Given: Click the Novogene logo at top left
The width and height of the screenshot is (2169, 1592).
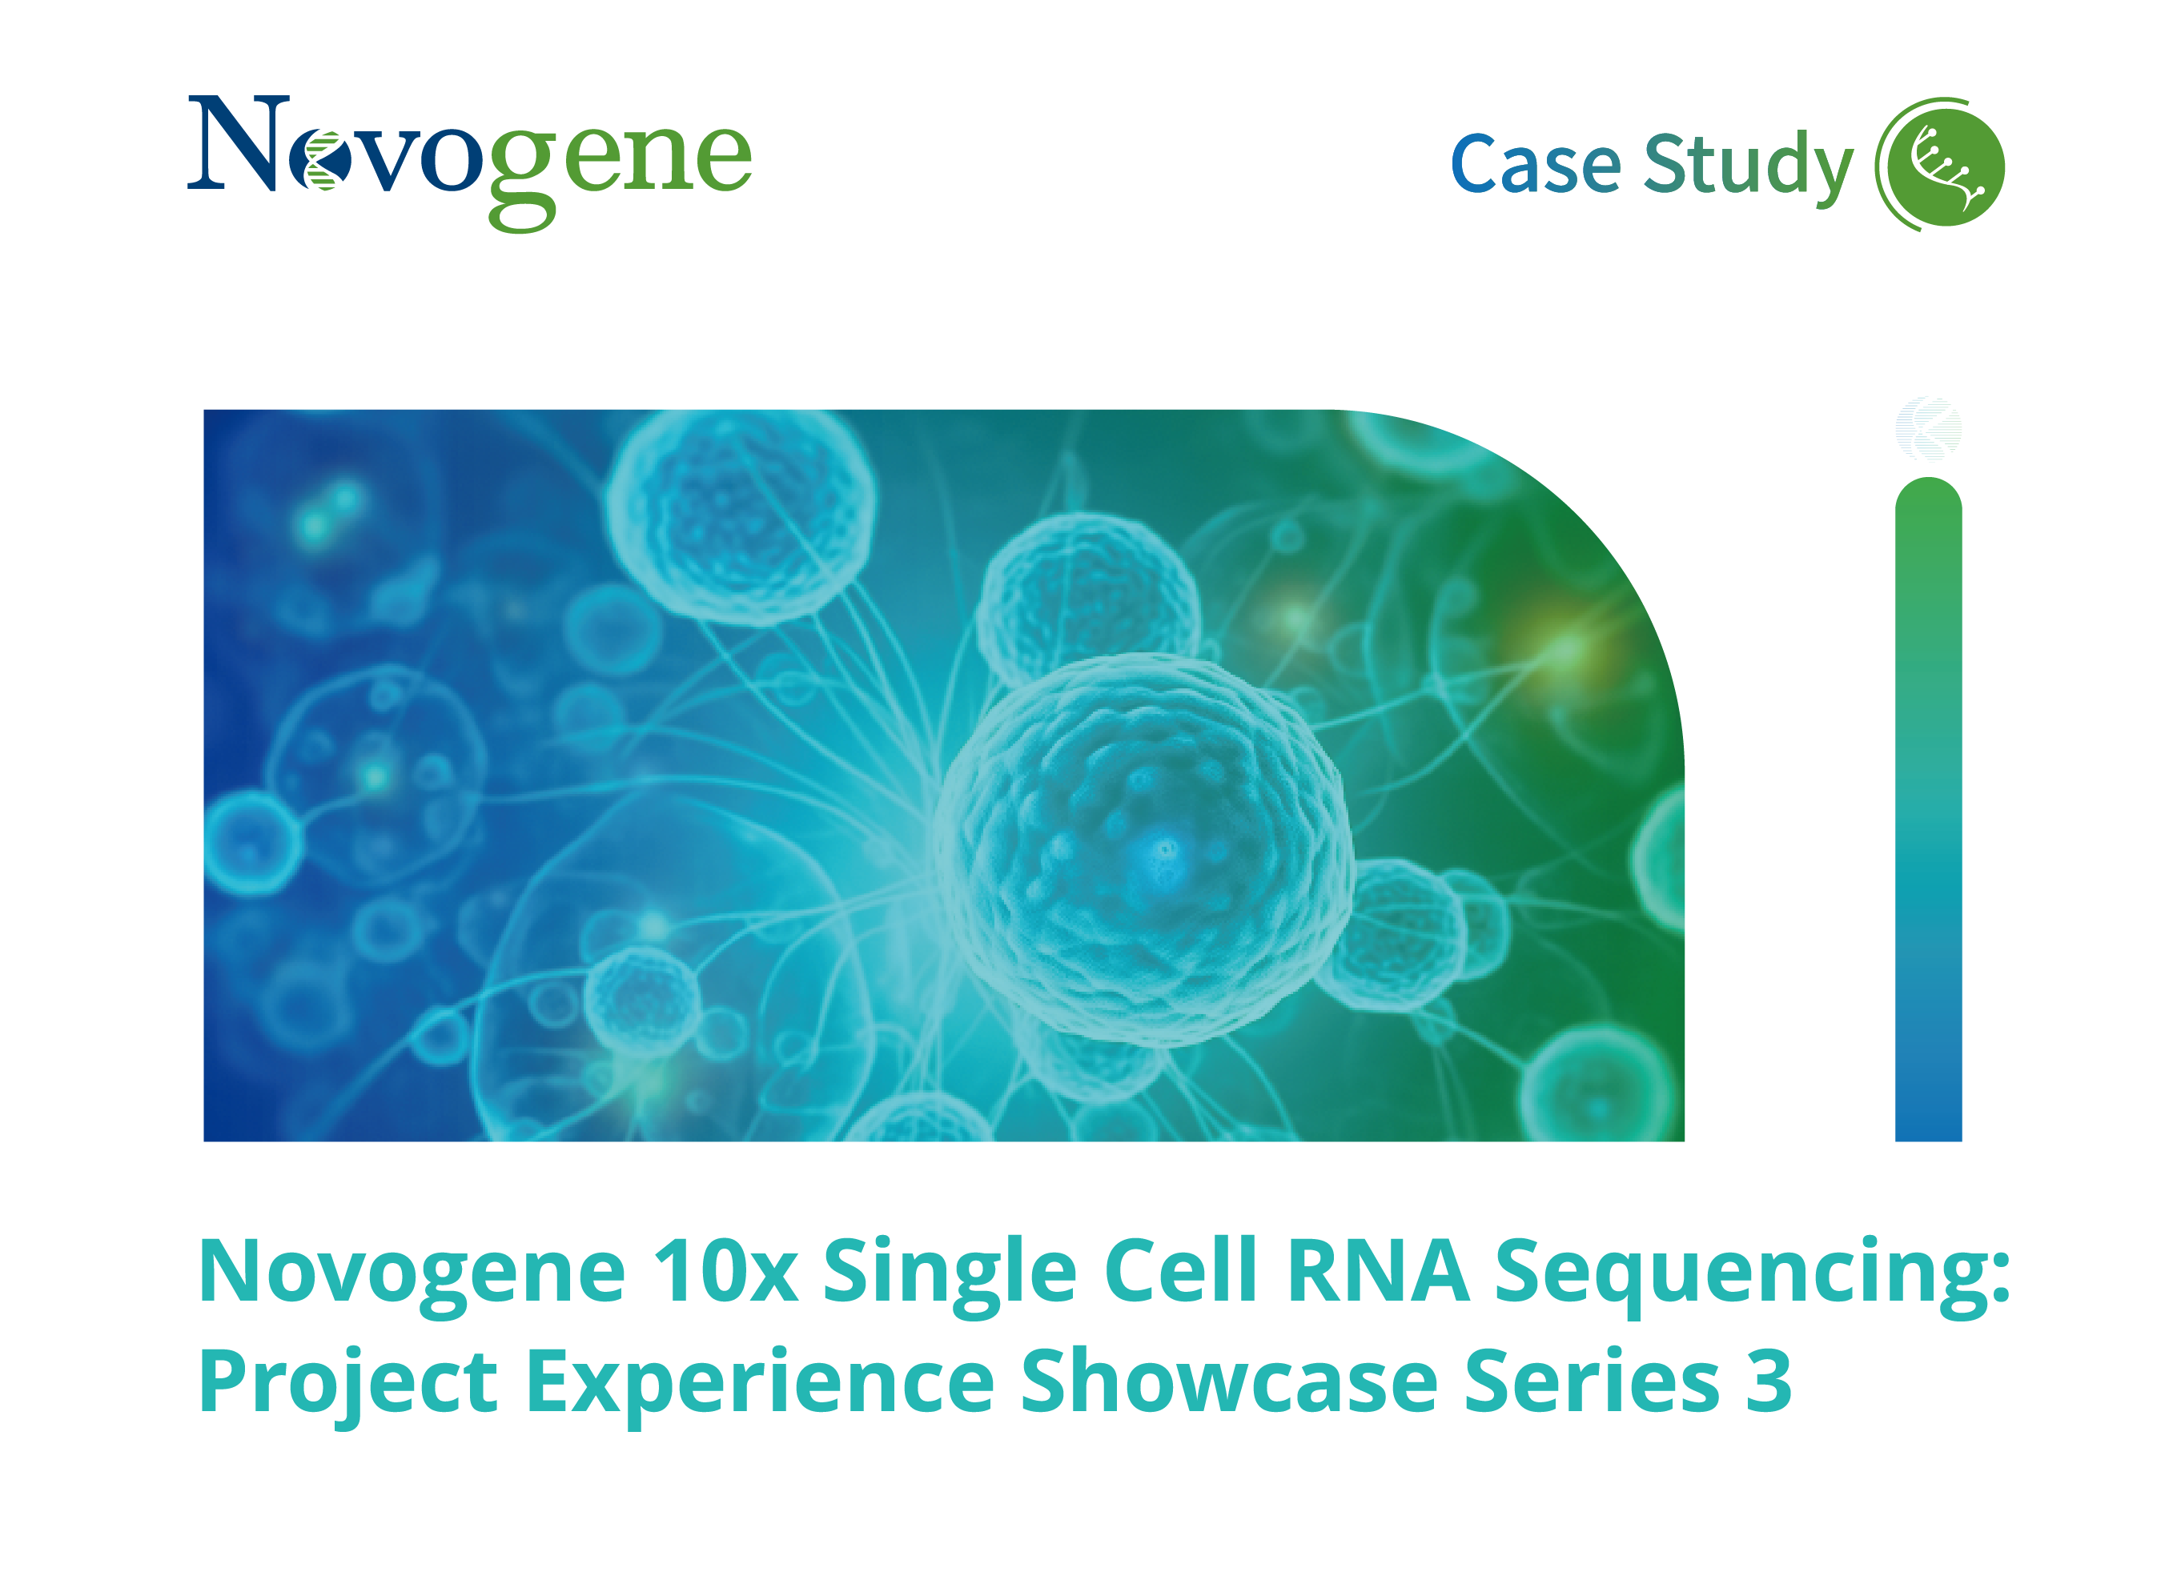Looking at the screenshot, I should pos(468,159).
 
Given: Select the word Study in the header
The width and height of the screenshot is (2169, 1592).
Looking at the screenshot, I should pos(1747,165).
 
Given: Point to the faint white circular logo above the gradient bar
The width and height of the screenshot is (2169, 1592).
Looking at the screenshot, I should pos(1927,429).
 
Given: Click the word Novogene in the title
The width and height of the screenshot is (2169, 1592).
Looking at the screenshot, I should pos(412,1272).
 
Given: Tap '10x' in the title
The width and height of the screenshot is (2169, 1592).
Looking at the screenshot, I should pos(725,1272).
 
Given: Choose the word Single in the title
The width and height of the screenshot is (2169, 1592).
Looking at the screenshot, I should pos(949,1272).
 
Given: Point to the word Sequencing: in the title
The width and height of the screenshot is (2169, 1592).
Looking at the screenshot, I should pos(1753,1272).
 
